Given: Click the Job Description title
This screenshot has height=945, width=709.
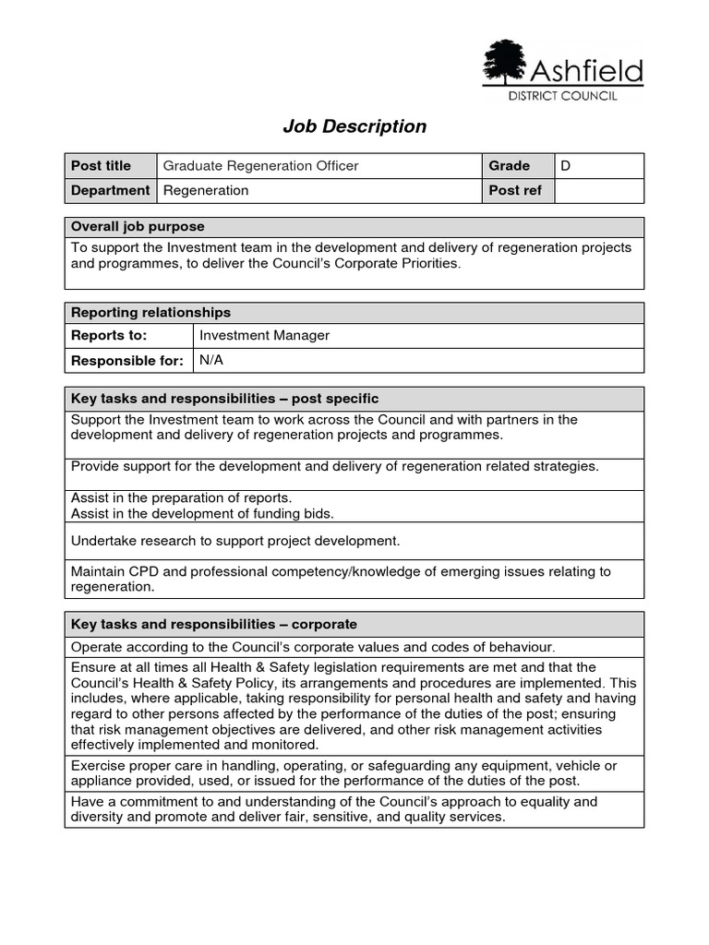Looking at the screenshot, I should [354, 126].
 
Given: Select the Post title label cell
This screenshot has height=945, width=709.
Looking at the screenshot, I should [102, 166].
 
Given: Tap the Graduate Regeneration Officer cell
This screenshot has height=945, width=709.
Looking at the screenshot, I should [261, 166].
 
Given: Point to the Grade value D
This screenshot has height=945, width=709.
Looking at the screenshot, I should [566, 166].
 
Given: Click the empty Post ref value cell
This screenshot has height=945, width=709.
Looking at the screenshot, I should [598, 191].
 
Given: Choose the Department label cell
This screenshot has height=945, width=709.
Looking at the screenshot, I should [110, 191].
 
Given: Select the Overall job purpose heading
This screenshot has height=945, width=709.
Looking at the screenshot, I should [138, 227].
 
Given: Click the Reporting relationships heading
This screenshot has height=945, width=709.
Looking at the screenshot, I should [150, 313].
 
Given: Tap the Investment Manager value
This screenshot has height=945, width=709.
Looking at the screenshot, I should [264, 336].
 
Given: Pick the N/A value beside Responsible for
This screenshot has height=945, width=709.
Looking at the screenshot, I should [211, 360].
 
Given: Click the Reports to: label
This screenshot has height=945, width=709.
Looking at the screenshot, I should [109, 336].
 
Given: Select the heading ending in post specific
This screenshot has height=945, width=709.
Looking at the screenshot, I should [224, 399].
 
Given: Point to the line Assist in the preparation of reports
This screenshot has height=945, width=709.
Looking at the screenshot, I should [181, 498].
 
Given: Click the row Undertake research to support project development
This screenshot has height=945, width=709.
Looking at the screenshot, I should [235, 541].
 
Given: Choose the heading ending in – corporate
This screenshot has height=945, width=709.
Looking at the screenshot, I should [213, 625].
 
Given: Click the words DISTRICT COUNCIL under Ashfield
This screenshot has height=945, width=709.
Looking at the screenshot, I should [562, 96].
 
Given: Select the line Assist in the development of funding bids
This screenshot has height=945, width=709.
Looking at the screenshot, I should [202, 513].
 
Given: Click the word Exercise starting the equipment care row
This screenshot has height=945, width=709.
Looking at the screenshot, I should [98, 766].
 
